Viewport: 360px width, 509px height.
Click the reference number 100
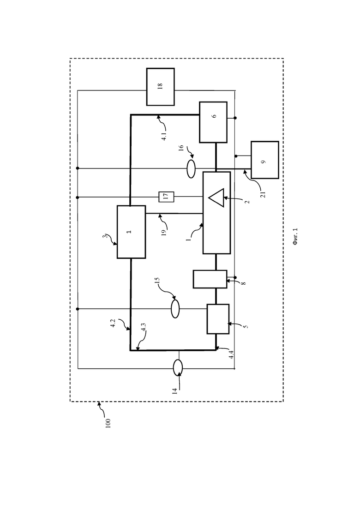[108, 423]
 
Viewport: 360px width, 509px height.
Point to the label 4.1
[164, 135]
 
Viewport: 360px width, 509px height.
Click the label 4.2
[113, 323]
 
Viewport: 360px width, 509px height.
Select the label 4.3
[143, 327]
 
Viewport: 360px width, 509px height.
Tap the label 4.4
[231, 354]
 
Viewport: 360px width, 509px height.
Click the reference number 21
[263, 194]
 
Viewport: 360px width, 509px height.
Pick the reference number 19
[164, 233]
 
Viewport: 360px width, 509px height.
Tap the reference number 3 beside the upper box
[104, 236]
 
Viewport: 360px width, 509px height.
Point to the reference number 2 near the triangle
[247, 202]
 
